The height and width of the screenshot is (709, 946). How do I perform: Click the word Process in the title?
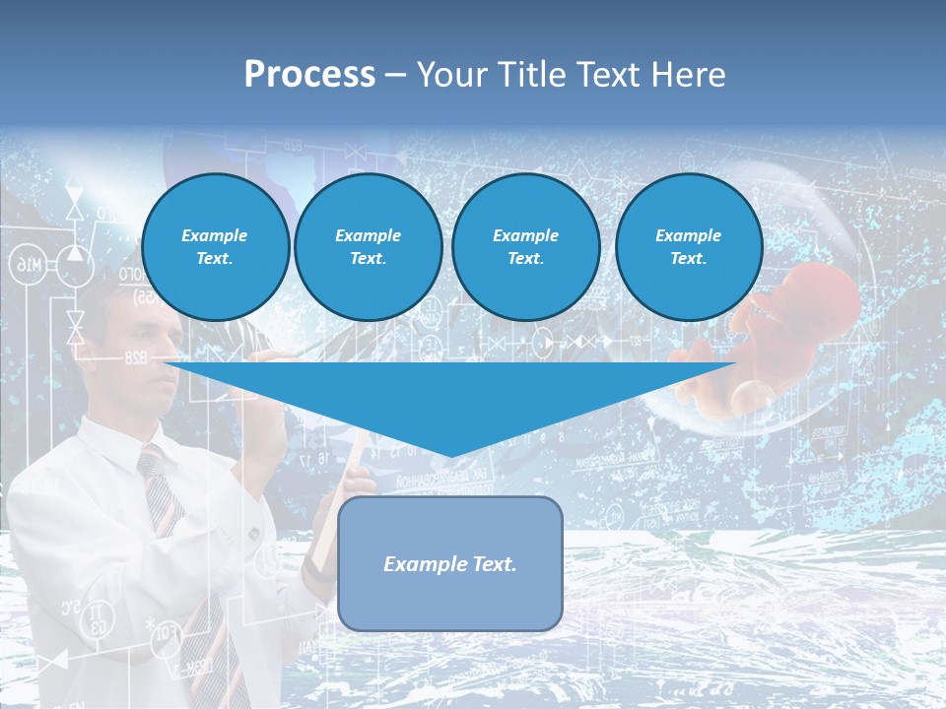pos(309,75)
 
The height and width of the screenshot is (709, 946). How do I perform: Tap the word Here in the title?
pos(688,75)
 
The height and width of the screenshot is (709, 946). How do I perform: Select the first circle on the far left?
pos(215,246)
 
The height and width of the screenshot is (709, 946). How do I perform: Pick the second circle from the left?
pos(368,246)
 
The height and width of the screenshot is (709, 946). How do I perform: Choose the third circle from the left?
pos(525,246)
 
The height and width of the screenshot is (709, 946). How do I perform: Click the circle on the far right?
pos(688,246)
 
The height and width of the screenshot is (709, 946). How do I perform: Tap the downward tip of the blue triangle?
pos(450,453)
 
